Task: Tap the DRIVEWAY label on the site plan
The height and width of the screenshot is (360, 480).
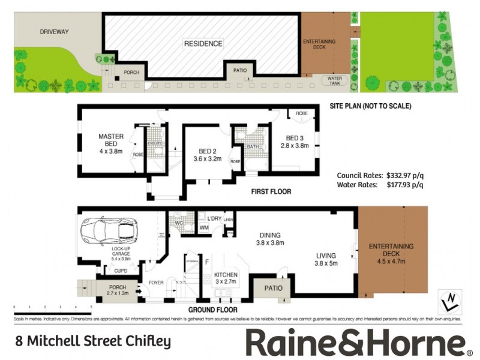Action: pos(54,31)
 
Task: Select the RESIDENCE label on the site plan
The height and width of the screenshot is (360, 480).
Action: pos(203,44)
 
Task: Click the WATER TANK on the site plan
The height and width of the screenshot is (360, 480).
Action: pos(334,80)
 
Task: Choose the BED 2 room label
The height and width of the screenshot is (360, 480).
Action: pos(207,151)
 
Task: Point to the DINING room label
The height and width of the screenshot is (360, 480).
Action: pos(269,235)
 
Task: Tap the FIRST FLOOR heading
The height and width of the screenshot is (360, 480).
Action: pos(271,192)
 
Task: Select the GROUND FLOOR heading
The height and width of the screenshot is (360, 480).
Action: pos(212,310)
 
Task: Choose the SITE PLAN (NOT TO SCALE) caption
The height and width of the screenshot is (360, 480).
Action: pos(370,106)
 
